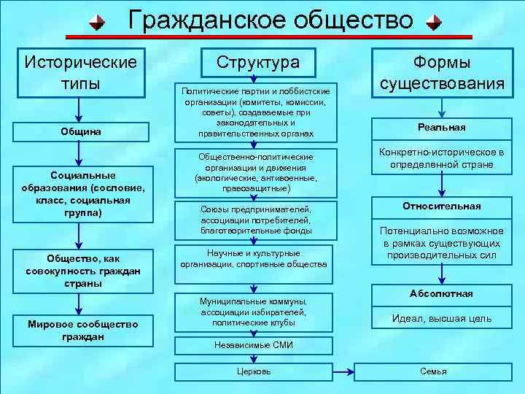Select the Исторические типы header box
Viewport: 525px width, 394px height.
[x=81, y=72]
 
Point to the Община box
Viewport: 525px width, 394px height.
[x=81, y=131]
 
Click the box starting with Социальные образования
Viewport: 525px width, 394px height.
[x=81, y=194]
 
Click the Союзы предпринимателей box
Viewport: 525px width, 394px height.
[x=255, y=220]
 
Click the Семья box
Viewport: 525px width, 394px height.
[x=433, y=371]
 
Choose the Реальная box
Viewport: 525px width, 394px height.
[x=441, y=127]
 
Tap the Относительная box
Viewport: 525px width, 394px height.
[x=441, y=206]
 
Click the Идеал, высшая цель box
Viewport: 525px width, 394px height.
[x=442, y=318]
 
